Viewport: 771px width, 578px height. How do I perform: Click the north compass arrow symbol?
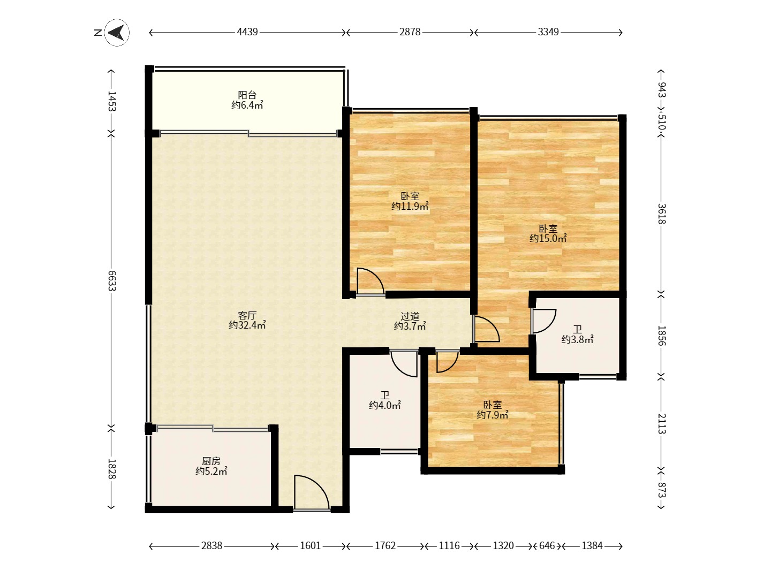coord(117,33)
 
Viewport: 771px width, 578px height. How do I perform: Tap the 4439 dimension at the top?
coord(247,32)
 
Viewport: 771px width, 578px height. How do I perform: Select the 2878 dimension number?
coord(410,32)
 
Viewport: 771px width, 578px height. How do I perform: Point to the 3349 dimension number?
coord(548,32)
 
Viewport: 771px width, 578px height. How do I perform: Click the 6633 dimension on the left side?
coord(112,280)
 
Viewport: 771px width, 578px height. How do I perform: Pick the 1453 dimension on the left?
coord(112,101)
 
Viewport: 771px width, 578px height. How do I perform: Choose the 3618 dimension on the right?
coord(662,214)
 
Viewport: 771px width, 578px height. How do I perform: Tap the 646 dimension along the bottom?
coord(547,546)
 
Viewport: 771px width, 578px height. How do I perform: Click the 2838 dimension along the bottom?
coord(212,546)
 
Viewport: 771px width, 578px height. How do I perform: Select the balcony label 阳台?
coord(247,95)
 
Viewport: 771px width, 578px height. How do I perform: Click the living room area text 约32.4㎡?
coord(247,325)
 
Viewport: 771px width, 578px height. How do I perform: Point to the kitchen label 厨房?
coord(211,461)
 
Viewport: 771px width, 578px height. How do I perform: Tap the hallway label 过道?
coord(410,316)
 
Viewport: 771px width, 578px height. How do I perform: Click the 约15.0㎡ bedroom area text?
coord(548,238)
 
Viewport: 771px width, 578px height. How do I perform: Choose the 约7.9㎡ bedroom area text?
coord(493,415)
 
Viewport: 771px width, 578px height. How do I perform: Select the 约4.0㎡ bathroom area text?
coord(385,405)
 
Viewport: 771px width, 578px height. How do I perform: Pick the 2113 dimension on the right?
coord(662,423)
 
